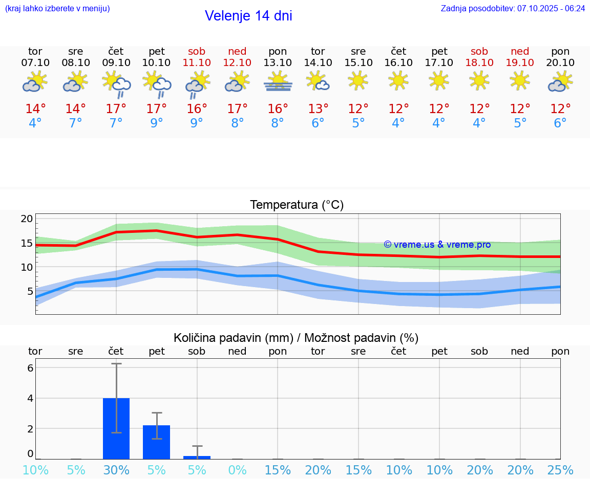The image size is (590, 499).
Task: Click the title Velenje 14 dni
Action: [x=248, y=16]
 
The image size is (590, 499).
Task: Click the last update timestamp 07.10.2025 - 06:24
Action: [x=551, y=8]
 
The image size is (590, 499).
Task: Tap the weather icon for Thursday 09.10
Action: [x=116, y=84]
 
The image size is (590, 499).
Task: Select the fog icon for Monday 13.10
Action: [x=278, y=82]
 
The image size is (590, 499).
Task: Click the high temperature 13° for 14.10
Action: [x=318, y=109]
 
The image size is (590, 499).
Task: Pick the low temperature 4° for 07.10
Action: [x=35, y=123]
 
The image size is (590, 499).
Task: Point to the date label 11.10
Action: [x=197, y=62]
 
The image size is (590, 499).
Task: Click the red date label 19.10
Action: [x=520, y=62]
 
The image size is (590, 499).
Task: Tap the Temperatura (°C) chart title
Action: [x=297, y=205]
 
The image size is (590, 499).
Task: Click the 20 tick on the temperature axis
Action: [x=27, y=219]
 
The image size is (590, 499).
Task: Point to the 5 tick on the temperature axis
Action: [x=30, y=291]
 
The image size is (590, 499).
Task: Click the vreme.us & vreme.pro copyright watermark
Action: [x=437, y=245]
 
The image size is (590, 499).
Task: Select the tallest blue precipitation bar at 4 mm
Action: [x=116, y=428]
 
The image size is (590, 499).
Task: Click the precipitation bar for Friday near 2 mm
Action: [x=156, y=442]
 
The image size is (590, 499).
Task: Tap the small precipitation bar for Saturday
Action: [x=197, y=457]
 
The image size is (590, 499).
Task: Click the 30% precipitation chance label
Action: [x=116, y=470]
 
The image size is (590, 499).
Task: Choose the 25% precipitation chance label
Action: [x=560, y=470]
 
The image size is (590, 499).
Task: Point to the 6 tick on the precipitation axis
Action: [x=30, y=368]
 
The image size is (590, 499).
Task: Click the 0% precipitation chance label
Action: [x=237, y=470]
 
